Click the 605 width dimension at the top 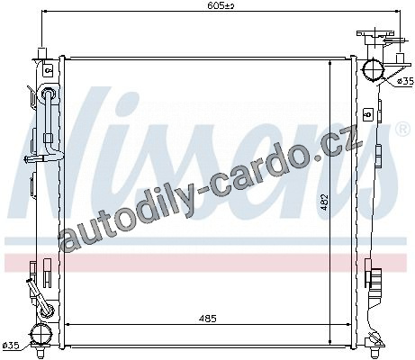221,5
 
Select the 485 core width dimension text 207,319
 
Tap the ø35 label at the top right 405,81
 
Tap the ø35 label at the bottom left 11,345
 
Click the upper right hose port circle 373,70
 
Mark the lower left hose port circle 41,334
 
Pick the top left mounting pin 42,52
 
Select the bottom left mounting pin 41,352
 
